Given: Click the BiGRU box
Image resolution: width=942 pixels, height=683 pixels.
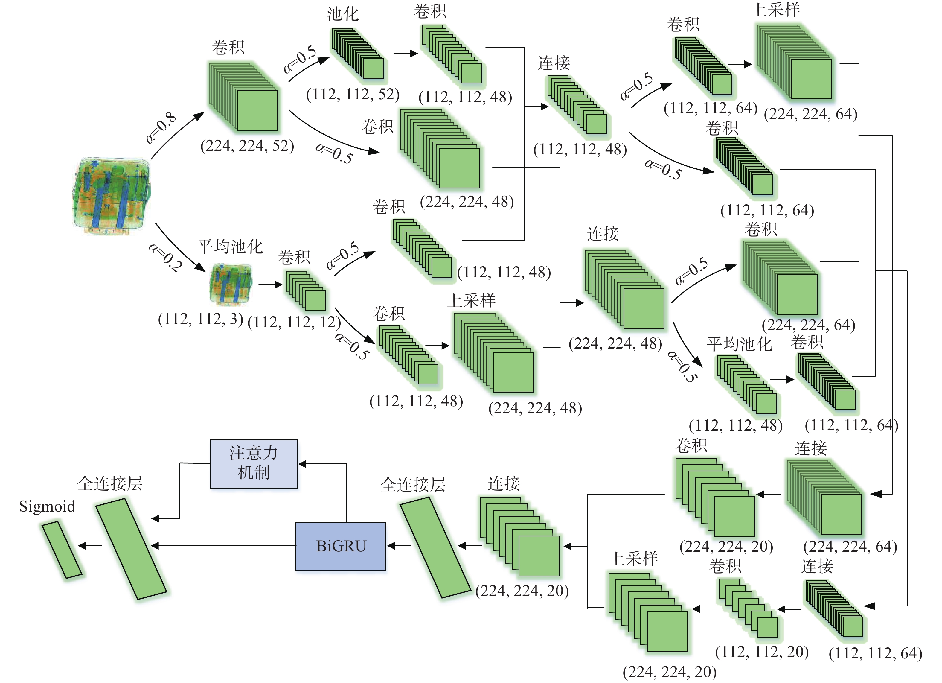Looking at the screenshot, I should (x=340, y=546).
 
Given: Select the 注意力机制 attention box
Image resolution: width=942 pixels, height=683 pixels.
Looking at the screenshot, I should (x=254, y=463).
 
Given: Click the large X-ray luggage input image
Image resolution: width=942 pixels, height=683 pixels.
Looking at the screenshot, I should (x=111, y=195).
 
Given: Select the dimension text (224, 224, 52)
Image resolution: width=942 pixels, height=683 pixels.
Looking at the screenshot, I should (x=247, y=145).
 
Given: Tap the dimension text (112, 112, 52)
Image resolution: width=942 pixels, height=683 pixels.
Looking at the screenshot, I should (x=353, y=94).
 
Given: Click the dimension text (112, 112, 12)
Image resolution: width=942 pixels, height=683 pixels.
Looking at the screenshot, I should (x=294, y=322).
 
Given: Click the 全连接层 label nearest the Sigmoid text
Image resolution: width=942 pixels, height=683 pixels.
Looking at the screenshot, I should (x=110, y=483).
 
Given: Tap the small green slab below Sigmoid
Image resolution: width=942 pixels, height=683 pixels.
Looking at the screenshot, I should (x=62, y=549).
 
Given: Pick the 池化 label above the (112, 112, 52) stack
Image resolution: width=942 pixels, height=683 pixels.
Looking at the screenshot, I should (x=343, y=14).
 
